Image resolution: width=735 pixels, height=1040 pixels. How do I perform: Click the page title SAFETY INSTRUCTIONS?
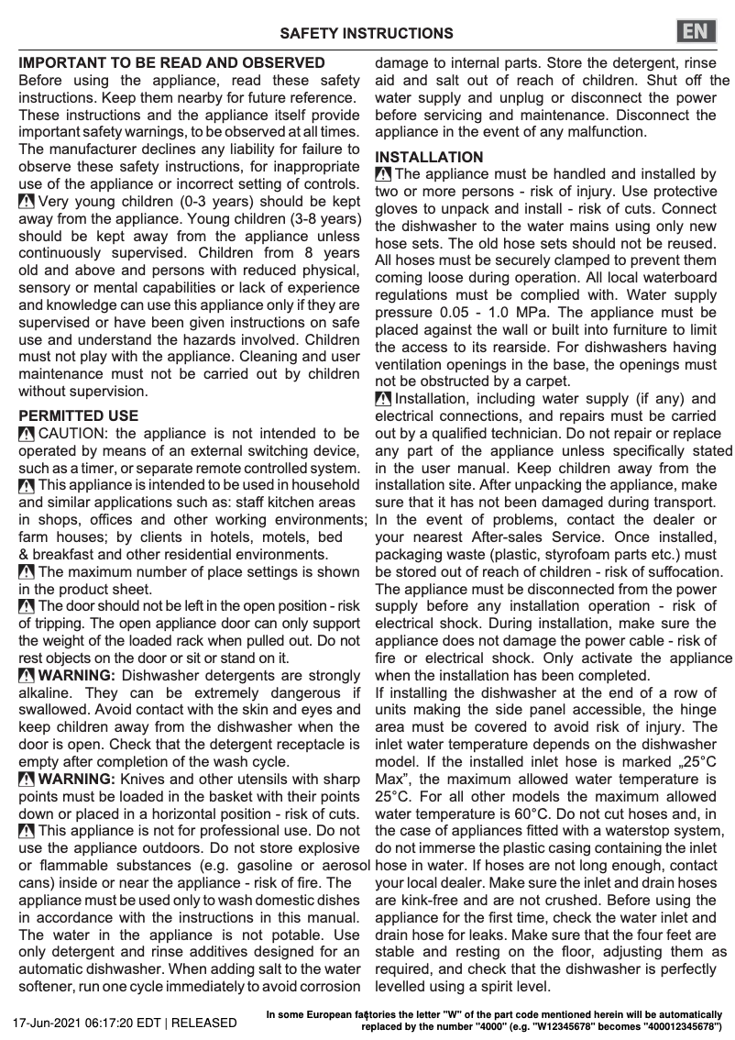[x=366, y=34]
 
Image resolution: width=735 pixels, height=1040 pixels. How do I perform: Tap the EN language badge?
[x=696, y=31]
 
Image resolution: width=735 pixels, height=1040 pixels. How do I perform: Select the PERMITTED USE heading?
[x=79, y=415]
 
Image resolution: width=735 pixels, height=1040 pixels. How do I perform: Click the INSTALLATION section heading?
[x=429, y=157]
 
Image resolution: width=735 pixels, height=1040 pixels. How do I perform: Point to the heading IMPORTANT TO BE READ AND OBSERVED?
[x=172, y=63]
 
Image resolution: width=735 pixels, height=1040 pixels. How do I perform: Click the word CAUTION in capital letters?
[x=75, y=433]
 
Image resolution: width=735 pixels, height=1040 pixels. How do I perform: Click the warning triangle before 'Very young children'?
[x=27, y=203]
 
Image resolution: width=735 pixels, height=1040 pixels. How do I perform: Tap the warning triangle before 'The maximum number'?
[x=27, y=572]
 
